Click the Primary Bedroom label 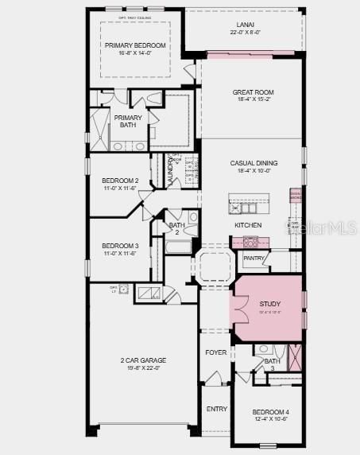(135, 45)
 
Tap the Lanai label (242, 25)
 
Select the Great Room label (253, 92)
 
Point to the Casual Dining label (253, 162)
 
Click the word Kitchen (248, 225)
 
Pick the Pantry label (254, 258)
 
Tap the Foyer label (216, 352)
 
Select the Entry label (216, 409)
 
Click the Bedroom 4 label (271, 411)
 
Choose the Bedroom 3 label (120, 245)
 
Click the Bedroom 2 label (120, 181)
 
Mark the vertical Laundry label (170, 169)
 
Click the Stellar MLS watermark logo (331, 228)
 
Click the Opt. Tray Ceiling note (135, 16)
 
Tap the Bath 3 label (273, 364)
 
